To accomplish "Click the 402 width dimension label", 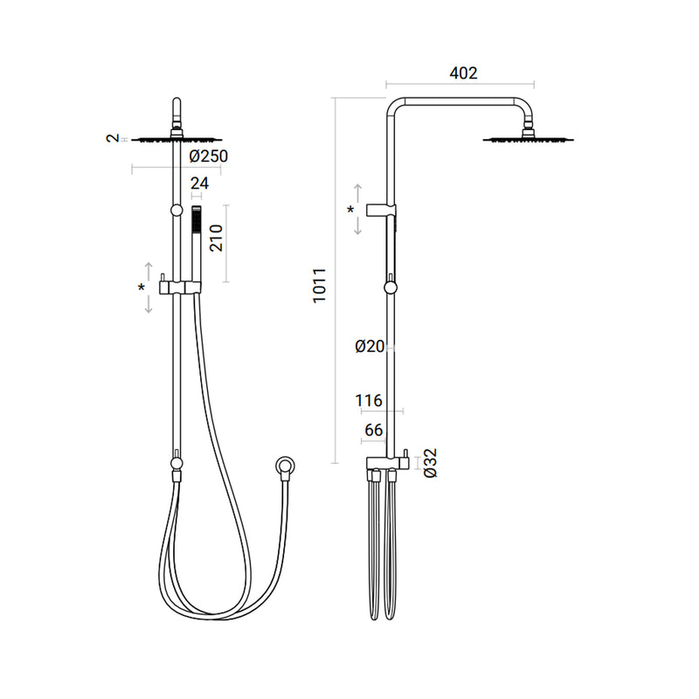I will pos(462,74).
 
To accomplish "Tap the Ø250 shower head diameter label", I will pos(208,156).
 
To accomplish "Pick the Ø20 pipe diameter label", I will pos(370,347).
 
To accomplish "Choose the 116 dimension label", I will pos(370,401).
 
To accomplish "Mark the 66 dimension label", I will pos(374,431).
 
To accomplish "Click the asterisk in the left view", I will pos(142,287).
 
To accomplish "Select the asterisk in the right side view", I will pos(351,211).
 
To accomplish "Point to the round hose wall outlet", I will pos(283,464).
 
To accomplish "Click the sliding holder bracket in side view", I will pos(385,211).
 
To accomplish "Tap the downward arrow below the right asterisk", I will pos(358,226).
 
